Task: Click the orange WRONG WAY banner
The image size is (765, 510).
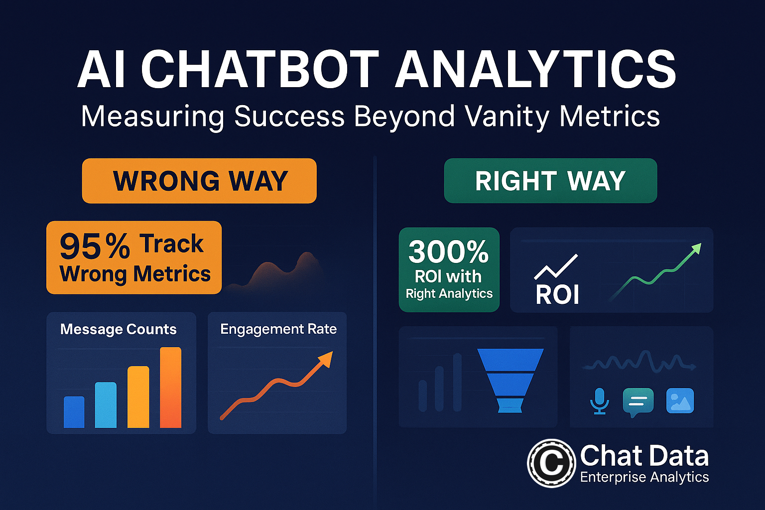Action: [199, 181]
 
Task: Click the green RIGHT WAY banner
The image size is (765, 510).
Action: [550, 181]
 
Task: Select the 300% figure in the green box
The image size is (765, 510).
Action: [448, 252]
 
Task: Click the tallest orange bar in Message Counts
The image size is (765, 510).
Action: [170, 387]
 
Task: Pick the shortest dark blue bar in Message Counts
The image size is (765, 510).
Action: [74, 412]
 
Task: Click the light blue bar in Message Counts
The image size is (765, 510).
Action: [106, 405]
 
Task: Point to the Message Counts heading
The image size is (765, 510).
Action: [118, 329]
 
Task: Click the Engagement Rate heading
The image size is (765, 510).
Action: [278, 329]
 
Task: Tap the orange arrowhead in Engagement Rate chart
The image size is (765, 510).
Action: [326, 359]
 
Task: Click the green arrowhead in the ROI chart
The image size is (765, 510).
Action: [695, 249]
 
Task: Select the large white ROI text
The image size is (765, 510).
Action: [557, 294]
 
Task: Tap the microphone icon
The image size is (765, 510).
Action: [599, 401]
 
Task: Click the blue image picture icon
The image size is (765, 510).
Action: [680, 401]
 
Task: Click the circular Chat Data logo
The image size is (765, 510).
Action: [551, 463]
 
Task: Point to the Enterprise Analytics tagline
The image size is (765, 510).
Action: [644, 477]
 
